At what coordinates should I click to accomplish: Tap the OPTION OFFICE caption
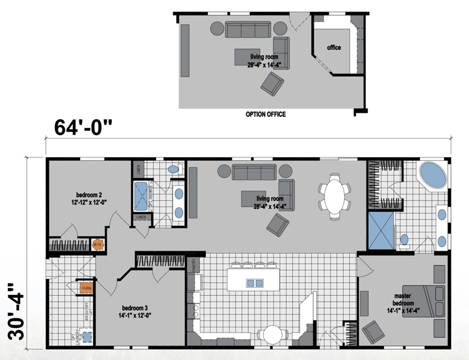(x=265, y=114)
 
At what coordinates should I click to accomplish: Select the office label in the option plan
(x=334, y=47)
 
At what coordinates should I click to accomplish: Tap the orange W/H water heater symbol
(x=97, y=245)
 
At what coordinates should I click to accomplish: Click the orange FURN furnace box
(x=82, y=288)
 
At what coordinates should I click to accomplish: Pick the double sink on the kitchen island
(x=254, y=283)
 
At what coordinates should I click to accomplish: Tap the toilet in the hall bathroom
(x=173, y=169)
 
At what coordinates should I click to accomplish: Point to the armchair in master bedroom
(x=373, y=332)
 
